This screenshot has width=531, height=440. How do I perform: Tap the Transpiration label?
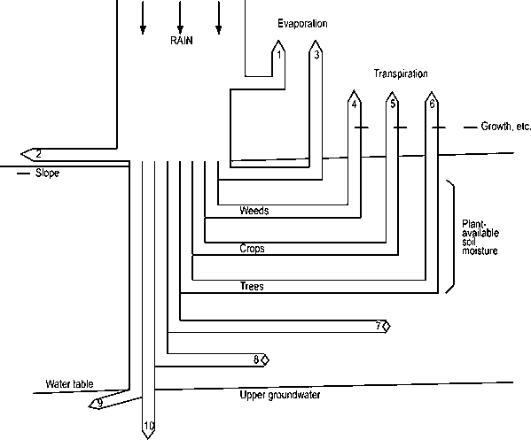click(x=401, y=73)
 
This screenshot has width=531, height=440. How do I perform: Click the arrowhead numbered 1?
click(x=278, y=54)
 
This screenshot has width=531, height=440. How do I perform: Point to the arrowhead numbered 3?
click(x=316, y=54)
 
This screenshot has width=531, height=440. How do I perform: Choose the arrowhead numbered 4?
click(x=354, y=102)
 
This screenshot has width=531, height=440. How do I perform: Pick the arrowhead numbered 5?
click(x=393, y=102)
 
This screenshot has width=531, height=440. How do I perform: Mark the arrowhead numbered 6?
click(x=431, y=102)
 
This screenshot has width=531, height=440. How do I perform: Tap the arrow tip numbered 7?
click(x=379, y=326)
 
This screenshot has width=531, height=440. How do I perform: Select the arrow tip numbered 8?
click(x=258, y=359)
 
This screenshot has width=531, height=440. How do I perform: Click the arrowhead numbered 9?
click(x=98, y=403)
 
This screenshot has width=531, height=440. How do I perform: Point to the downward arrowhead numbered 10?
click(x=149, y=427)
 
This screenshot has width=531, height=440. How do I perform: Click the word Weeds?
click(x=254, y=212)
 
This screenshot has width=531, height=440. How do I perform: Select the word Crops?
click(x=253, y=249)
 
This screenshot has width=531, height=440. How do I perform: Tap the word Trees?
click(x=252, y=287)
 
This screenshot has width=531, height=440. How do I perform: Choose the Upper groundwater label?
click(x=280, y=395)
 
